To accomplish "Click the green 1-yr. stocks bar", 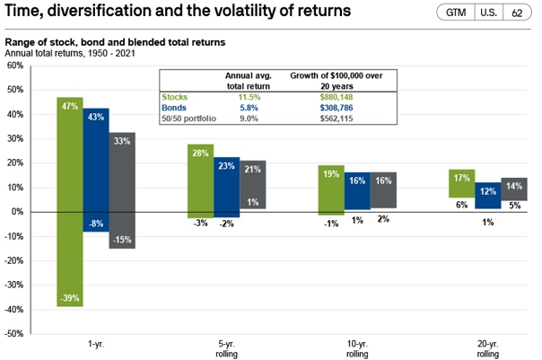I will pos(69,201).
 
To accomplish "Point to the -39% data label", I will pos(69,297).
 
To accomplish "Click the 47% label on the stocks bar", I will pos(69,106).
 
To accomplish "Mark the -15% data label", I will pos(122,239).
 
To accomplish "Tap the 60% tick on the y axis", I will pos(16,66).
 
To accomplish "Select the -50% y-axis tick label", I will pos(15,333).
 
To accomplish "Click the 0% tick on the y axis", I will pos(19,212).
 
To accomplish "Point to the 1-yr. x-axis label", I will pos(95,344).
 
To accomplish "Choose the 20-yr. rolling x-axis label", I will pos(487,348).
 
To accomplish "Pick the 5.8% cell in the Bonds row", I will pos(235,108).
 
